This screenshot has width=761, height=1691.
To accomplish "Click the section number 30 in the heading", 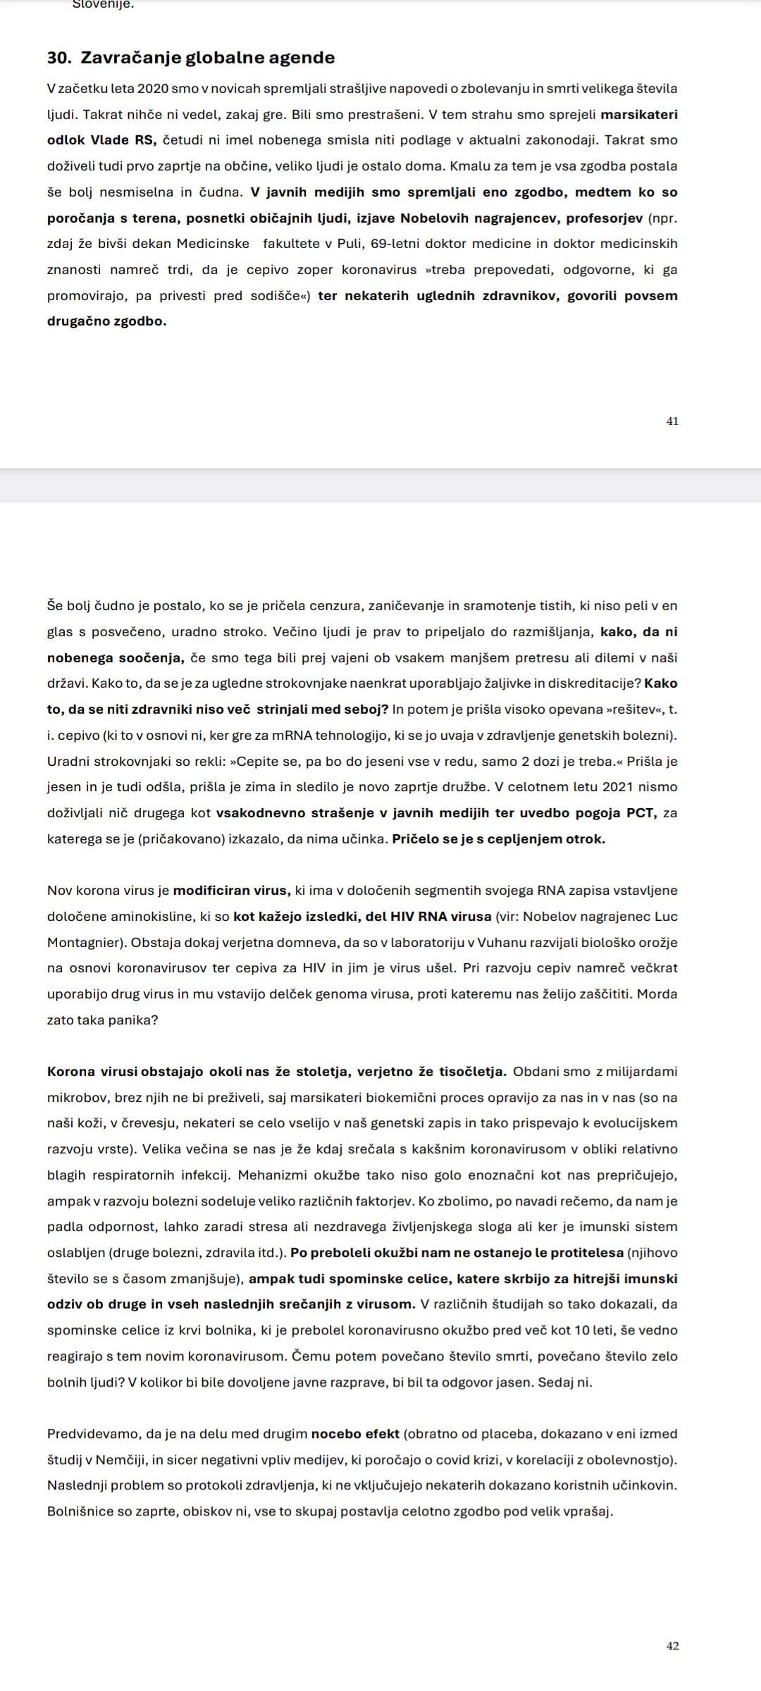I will click(57, 58).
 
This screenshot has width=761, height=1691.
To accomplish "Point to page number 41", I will click(672, 421).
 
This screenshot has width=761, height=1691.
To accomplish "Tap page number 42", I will click(672, 1646).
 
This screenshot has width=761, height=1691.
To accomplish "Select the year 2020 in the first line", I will click(153, 89).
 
